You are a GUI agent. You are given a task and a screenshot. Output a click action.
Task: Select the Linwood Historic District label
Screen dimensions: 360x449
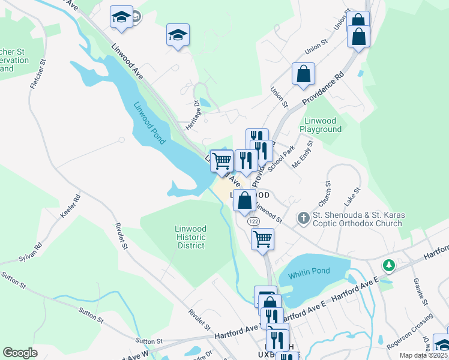[x=191, y=237]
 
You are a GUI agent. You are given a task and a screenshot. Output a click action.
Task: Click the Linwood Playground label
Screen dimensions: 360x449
[x=321, y=125]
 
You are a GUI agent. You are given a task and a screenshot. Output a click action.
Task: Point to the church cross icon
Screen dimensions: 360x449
[x=304, y=218]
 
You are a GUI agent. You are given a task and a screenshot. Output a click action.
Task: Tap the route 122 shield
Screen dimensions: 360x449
[x=253, y=221]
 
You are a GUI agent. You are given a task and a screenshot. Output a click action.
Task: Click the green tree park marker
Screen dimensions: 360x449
[x=389, y=265]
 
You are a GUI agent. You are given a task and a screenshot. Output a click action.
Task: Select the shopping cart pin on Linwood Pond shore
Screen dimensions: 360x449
[x=222, y=161]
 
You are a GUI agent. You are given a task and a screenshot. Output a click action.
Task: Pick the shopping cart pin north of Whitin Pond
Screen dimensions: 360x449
[x=263, y=239]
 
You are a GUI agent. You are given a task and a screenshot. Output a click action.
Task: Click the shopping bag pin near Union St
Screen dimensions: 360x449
[x=304, y=74]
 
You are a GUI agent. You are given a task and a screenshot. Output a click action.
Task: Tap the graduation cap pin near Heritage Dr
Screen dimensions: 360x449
[x=178, y=35]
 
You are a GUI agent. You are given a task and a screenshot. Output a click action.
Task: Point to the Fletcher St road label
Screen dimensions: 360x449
[x=38, y=74]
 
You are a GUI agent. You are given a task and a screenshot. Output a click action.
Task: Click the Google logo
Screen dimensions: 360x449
[x=20, y=353]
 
